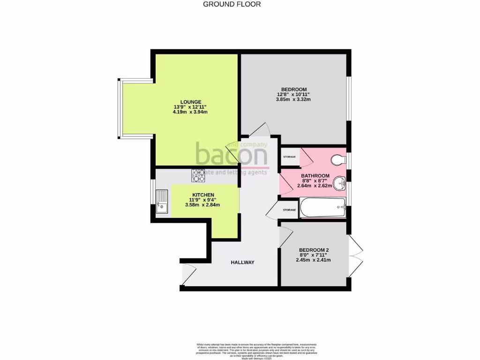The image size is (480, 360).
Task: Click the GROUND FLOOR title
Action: [232, 4]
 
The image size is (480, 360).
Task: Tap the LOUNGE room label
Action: [191, 102]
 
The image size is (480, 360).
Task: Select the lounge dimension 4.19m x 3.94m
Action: [191, 112]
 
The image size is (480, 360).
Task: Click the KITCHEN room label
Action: [203, 195]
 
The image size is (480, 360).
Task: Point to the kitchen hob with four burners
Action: [198, 175]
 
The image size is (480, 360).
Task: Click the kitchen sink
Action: [162, 201]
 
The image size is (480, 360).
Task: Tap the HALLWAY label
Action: [242, 262]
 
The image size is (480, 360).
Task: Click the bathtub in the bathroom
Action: [323, 208]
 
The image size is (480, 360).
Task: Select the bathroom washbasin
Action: [339, 180]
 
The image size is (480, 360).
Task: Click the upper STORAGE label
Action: [289, 157]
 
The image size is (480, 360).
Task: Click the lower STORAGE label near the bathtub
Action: [289, 210]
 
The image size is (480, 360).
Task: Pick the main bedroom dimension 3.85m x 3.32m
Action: [294, 99]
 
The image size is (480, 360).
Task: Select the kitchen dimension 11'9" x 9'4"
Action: [203, 200]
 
